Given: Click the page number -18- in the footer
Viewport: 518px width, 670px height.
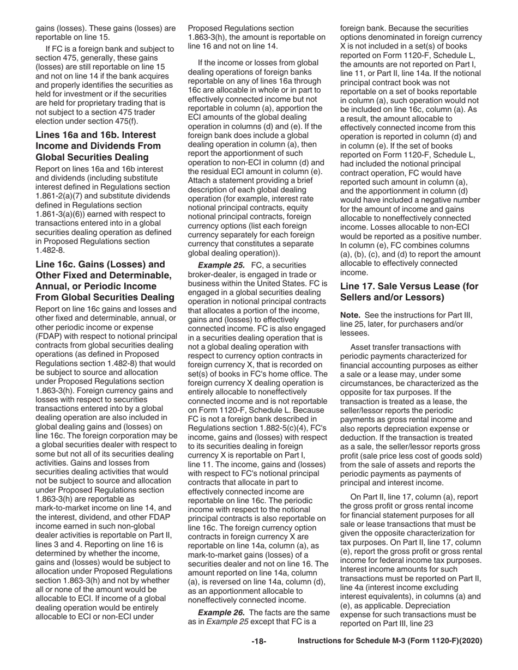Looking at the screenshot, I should pos(258,642).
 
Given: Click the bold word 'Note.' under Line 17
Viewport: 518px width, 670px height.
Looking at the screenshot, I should pos(351,315).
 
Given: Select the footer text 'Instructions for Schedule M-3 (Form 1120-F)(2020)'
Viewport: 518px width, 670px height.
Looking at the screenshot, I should pos(390,642).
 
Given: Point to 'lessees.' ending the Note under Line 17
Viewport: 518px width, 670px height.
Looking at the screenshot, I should pos(354,333).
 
